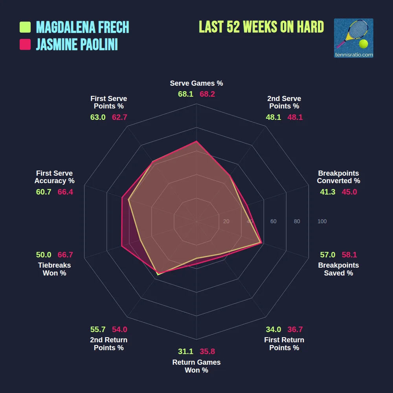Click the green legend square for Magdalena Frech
[x=25, y=27]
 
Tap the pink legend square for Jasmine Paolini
[x=25, y=44]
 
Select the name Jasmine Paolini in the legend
[x=77, y=44]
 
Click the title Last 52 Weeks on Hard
[x=261, y=27]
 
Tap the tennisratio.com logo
[x=353, y=38]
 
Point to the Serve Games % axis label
[x=196, y=83]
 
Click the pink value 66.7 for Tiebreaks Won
[x=65, y=255]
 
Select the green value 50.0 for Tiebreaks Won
[x=44, y=255]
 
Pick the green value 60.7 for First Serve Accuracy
[x=44, y=192]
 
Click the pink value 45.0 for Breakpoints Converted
[x=349, y=192]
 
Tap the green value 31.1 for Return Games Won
[x=185, y=352]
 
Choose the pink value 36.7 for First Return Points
[x=295, y=329]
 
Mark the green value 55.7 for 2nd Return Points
[x=98, y=329]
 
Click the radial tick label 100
[x=322, y=222]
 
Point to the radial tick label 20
[x=226, y=222]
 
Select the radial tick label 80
[x=297, y=222]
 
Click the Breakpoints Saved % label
[x=338, y=269]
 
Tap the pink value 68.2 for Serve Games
[x=208, y=94]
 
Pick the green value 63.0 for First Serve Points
[x=98, y=117]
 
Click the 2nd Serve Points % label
[x=284, y=102]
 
